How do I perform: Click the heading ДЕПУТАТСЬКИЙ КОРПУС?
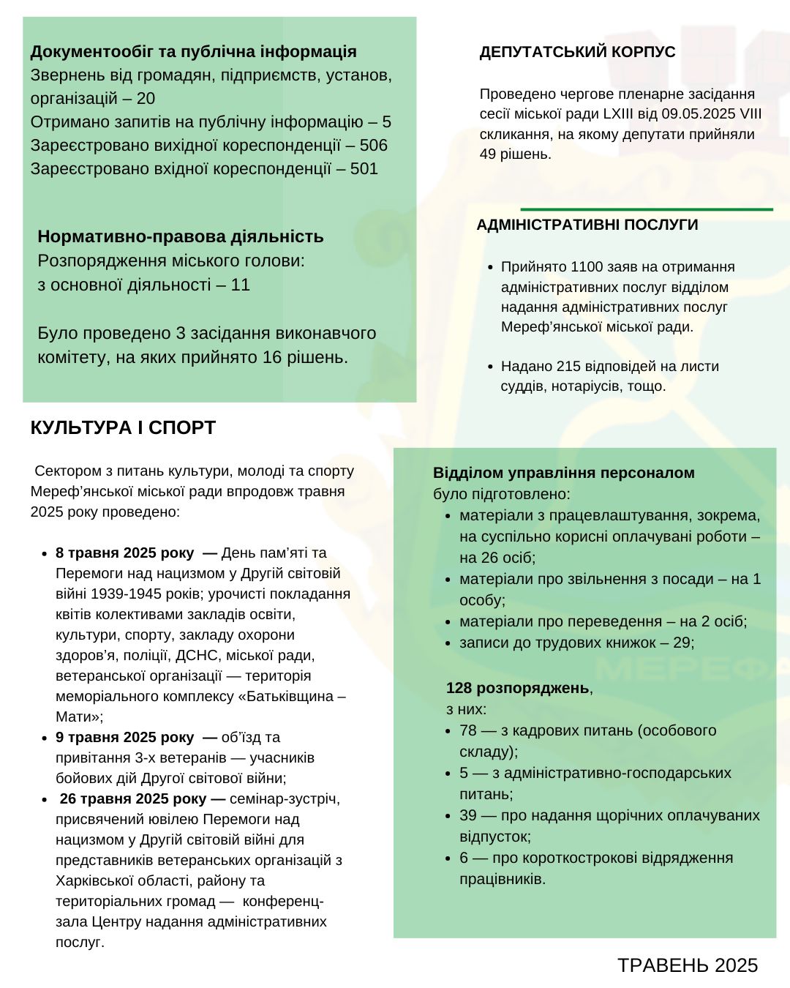[577, 52]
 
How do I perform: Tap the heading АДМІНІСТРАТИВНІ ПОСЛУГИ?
[587, 225]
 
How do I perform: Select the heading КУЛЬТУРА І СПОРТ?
[123, 428]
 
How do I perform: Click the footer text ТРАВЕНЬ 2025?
[687, 965]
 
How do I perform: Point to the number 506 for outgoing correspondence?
[373, 145]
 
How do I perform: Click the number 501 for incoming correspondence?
[364, 168]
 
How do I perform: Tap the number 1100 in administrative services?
[587, 267]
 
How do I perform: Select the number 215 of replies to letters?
[568, 366]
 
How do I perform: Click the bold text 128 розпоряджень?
[517, 688]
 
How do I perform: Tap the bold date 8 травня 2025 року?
[124, 553]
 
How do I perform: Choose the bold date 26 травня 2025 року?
[132, 798]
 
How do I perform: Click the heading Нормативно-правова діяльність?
[181, 236]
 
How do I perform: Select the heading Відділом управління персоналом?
[563, 473]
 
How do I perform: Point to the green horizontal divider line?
[647, 209]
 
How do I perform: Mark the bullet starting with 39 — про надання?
[609, 815]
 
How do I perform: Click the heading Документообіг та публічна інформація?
[193, 52]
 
